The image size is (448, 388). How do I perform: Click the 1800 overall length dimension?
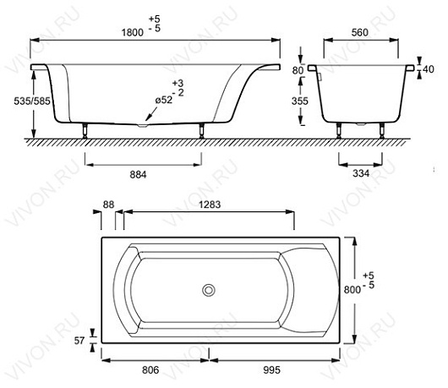(133, 33)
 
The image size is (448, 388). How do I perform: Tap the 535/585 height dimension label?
(32, 101)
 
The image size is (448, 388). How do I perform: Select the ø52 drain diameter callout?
(164, 100)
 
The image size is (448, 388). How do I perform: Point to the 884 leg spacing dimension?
(139, 175)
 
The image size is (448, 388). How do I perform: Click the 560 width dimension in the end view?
(360, 33)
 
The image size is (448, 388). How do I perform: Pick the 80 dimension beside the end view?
(298, 70)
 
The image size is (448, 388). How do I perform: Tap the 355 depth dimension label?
(300, 101)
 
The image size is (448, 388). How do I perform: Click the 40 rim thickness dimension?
(429, 69)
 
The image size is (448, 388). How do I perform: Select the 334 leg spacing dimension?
(361, 173)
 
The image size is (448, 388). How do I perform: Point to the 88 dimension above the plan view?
(108, 205)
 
